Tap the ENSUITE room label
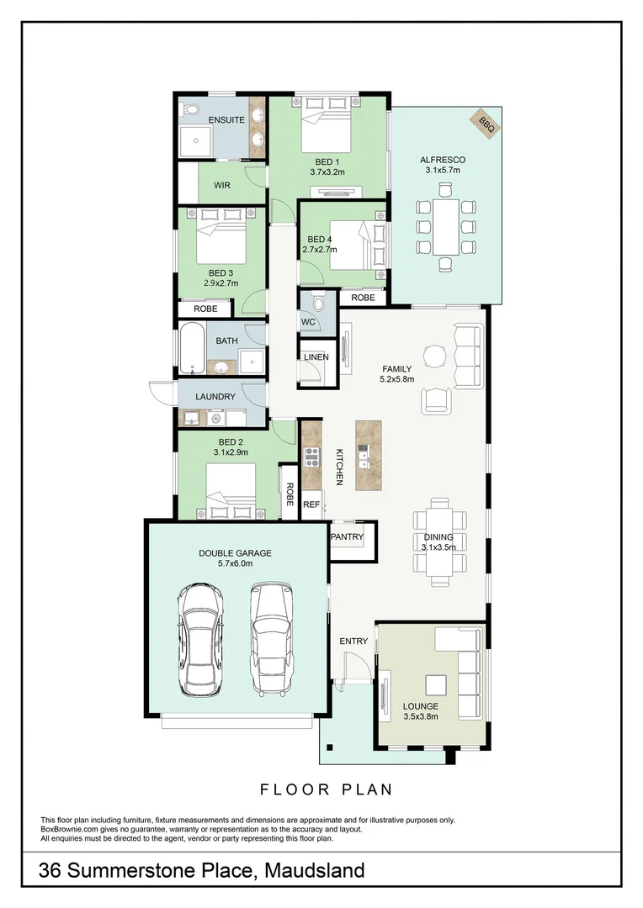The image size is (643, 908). tap(226, 120)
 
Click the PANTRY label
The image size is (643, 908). tap(346, 536)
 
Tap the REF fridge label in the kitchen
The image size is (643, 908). tap(311, 505)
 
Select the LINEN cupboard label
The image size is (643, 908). tap(316, 357)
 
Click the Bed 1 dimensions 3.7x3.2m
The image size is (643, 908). tap(327, 172)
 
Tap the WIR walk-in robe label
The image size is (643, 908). tap(221, 185)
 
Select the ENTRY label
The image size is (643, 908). tap(353, 641)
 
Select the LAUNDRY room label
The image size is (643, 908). tap(215, 396)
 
